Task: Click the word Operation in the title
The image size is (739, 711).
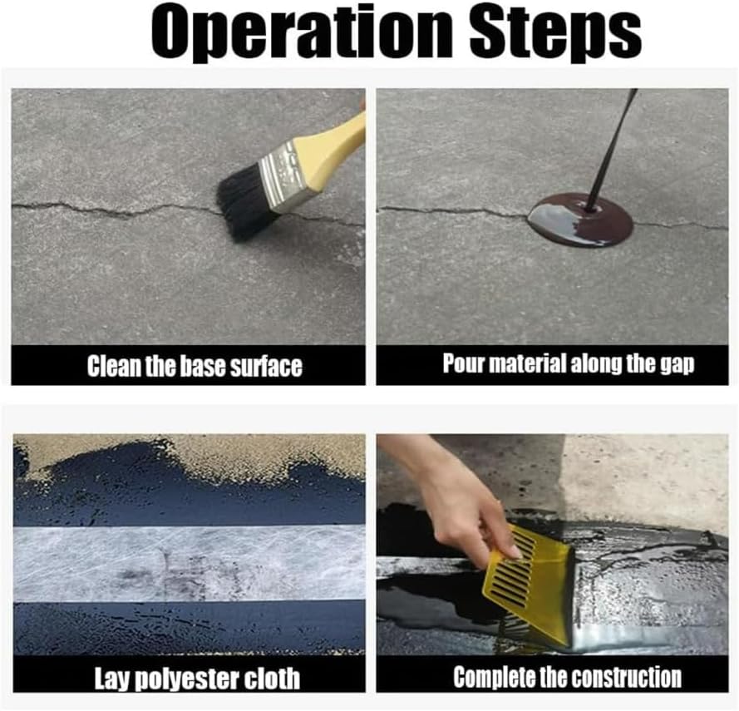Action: tap(302, 34)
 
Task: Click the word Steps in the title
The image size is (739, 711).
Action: tap(555, 34)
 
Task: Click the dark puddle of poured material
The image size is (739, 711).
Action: tap(580, 220)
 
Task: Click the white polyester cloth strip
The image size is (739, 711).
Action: tap(190, 563)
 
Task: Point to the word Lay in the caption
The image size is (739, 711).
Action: tap(113, 678)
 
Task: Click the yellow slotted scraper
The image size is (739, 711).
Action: tap(529, 581)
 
